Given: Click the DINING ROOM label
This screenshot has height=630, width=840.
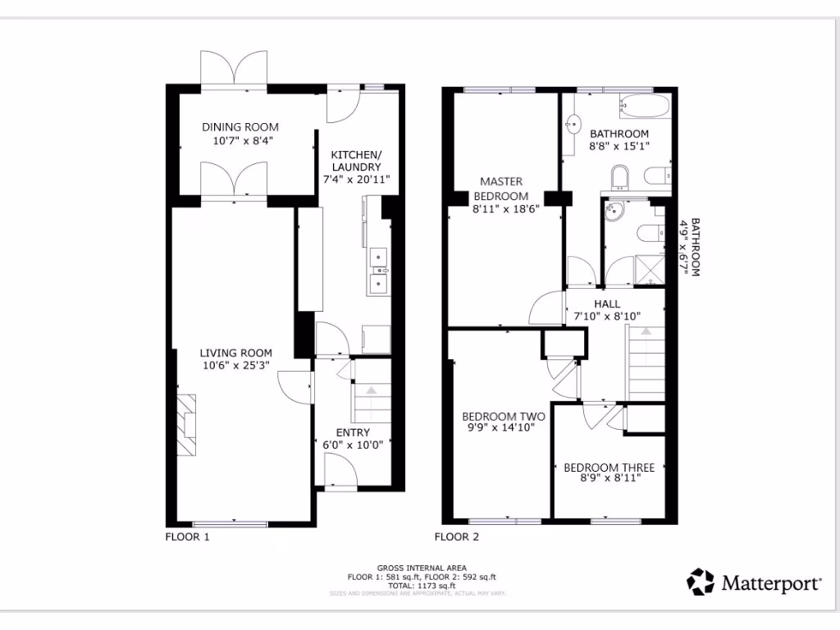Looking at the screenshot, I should (x=240, y=127).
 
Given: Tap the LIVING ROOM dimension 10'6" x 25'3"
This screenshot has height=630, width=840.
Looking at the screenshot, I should (x=235, y=367).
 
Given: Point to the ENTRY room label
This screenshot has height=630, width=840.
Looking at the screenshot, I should (x=353, y=432).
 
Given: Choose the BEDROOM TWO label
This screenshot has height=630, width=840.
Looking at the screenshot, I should (x=503, y=416).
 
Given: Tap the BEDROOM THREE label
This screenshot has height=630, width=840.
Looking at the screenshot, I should (x=609, y=468).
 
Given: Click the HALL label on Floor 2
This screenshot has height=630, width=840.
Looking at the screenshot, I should (x=607, y=304).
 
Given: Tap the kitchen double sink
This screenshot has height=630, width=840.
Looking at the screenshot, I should (x=379, y=270).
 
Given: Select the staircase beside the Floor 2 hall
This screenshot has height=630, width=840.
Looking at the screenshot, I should (x=646, y=361).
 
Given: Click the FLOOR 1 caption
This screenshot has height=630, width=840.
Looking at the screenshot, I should (x=188, y=537).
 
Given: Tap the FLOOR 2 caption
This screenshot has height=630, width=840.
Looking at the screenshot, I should (x=456, y=537).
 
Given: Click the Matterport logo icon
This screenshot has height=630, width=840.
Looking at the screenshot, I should (x=701, y=582).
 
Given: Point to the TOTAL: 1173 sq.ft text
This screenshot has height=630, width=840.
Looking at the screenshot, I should (x=422, y=586).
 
